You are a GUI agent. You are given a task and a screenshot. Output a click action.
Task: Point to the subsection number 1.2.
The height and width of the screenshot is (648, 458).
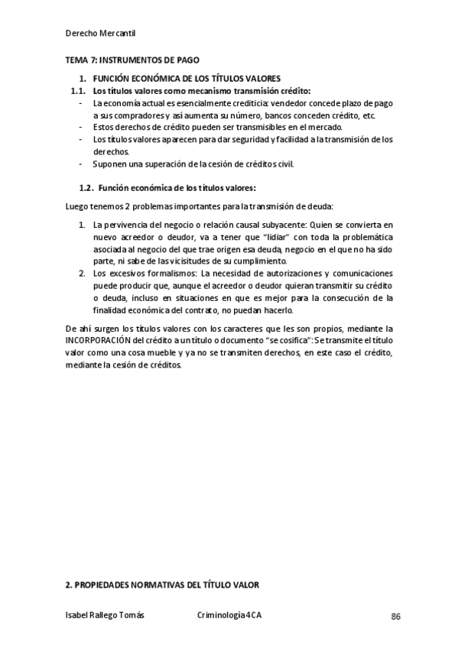click(86, 188)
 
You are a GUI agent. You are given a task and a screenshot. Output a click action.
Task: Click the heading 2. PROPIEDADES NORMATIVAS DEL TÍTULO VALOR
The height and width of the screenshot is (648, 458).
click(162, 585)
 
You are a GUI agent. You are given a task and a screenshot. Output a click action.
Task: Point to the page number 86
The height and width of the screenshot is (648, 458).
click(395, 617)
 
